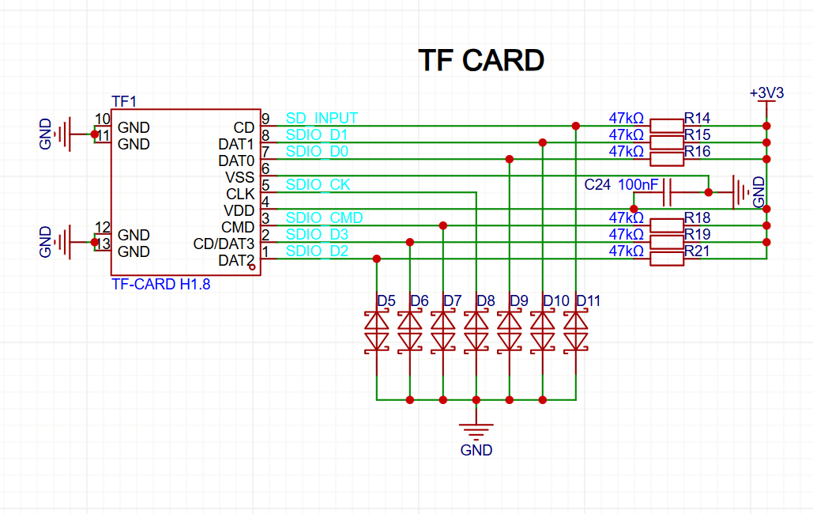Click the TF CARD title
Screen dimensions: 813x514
point(481,60)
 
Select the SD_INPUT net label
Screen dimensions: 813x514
point(322,119)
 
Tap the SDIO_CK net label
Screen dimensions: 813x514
point(318,184)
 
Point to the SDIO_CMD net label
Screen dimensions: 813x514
point(324,217)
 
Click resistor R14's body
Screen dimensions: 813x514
point(667,126)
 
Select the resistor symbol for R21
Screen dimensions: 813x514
point(667,259)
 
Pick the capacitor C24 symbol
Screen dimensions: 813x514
point(668,193)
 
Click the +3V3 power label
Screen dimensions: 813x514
point(766,93)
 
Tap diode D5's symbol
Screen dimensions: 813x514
point(376,332)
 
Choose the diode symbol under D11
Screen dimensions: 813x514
point(575,332)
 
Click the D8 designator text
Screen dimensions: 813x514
point(486,301)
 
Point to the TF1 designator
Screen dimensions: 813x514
point(124,101)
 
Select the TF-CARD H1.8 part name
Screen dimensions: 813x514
point(160,285)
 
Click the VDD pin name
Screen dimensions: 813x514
point(239,210)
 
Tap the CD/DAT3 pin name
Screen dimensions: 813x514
point(224,244)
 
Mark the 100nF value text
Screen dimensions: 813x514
point(638,184)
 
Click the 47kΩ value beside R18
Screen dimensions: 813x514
point(626,217)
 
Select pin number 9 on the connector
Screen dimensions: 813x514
point(265,119)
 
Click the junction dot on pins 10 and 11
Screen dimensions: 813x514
point(94,134)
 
